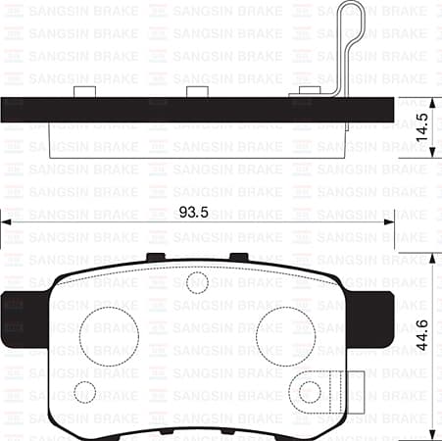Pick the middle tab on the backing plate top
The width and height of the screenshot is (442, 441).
[199, 92]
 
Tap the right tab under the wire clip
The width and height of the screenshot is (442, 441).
[313, 93]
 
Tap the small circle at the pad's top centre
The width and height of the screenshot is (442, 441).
[196, 282]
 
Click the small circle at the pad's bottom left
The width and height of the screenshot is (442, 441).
[85, 392]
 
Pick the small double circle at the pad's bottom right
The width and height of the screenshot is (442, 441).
[311, 392]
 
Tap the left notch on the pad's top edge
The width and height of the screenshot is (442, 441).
[155, 258]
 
